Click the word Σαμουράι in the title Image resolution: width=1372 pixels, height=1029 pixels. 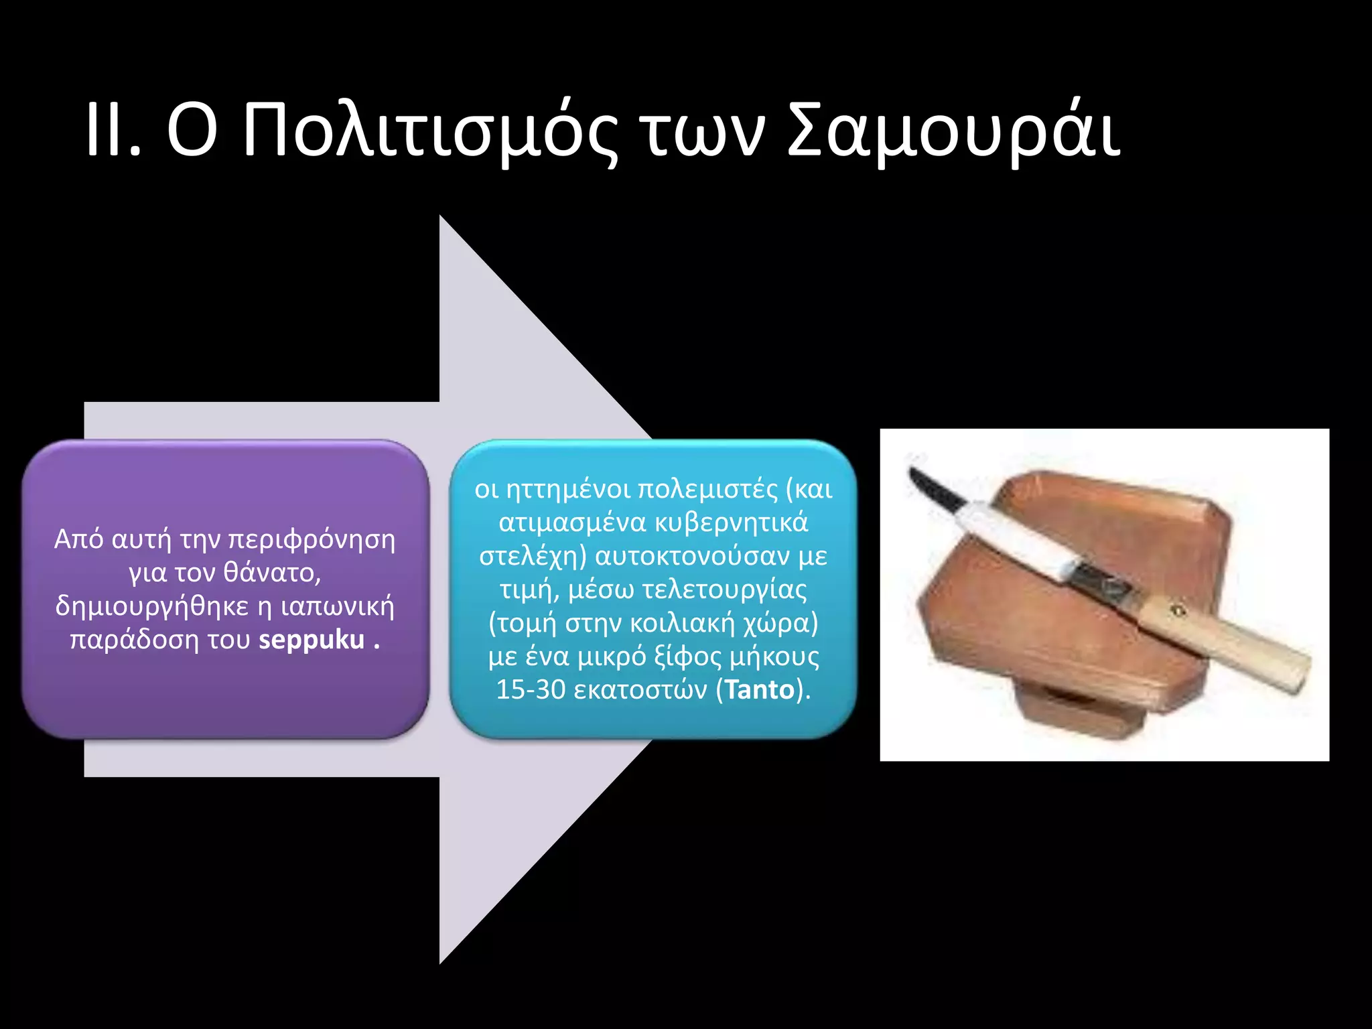[953, 132]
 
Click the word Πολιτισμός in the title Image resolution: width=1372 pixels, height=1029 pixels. [429, 132]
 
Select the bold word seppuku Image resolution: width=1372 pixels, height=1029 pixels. [312, 640]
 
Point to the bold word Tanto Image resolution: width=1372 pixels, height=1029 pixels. [759, 689]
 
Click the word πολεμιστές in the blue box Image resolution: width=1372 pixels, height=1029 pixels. [707, 489]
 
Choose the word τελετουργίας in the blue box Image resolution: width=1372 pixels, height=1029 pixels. [724, 590]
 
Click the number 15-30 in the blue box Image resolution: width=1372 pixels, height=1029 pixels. [531, 689]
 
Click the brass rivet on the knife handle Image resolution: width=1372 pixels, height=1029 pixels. [1177, 610]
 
